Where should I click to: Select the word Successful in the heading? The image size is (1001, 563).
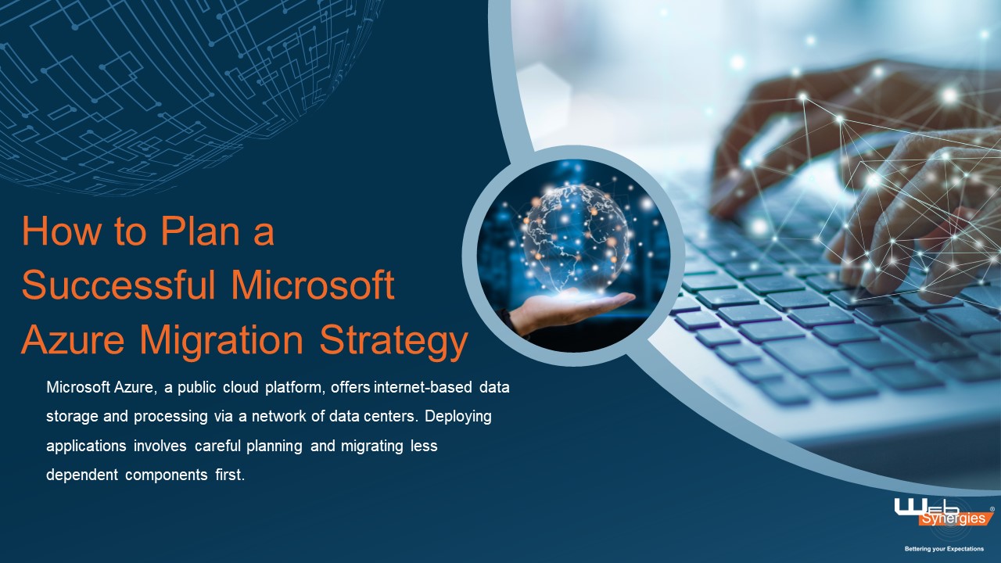tap(118, 286)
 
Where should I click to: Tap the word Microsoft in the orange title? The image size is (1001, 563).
tap(313, 286)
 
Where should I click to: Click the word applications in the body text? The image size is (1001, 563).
tap(84, 446)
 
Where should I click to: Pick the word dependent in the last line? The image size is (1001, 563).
tap(81, 475)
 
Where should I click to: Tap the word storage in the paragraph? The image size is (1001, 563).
tap(72, 416)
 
